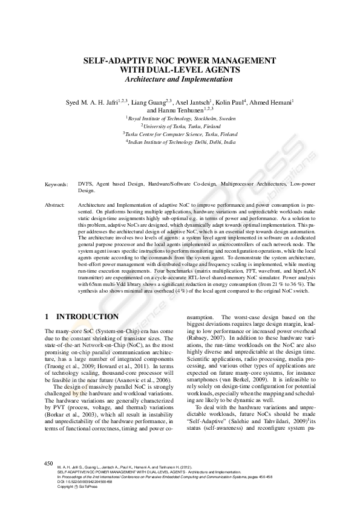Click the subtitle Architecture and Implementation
pos(180,80)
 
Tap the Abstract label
pos(56,206)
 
